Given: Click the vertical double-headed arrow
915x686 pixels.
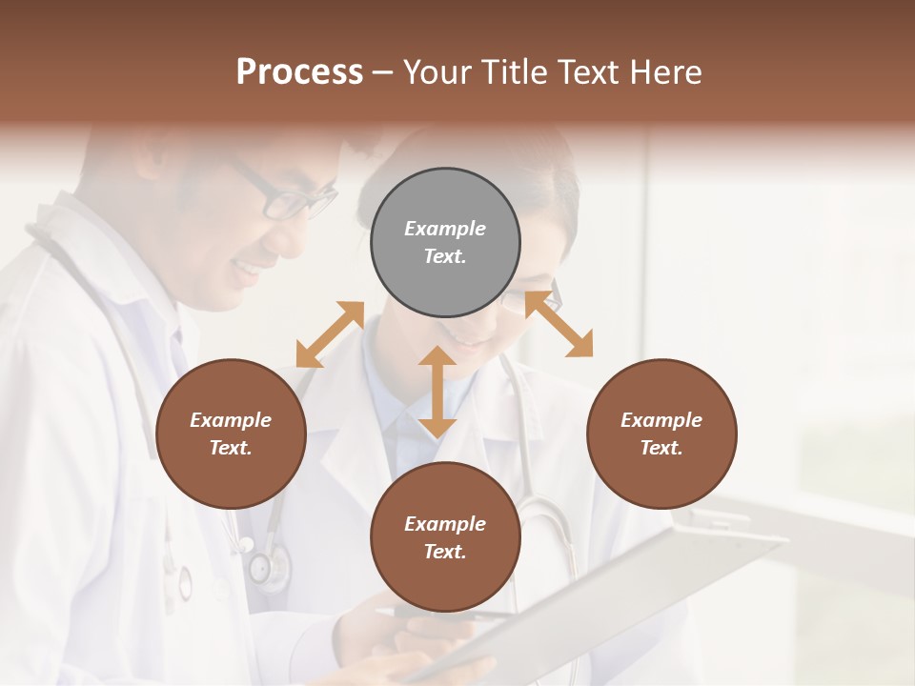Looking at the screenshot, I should pyautogui.click(x=437, y=392).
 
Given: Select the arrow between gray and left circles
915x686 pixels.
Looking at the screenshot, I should pyautogui.click(x=330, y=334).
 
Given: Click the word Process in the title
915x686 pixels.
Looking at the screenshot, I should pyautogui.click(x=299, y=72).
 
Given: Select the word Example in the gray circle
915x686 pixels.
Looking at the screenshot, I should pyautogui.click(x=445, y=229).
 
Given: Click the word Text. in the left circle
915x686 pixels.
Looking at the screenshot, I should pyautogui.click(x=231, y=448).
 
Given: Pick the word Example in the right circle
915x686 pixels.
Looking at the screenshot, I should pyautogui.click(x=661, y=420).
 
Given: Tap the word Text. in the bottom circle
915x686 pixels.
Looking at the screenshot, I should pyautogui.click(x=445, y=552).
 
